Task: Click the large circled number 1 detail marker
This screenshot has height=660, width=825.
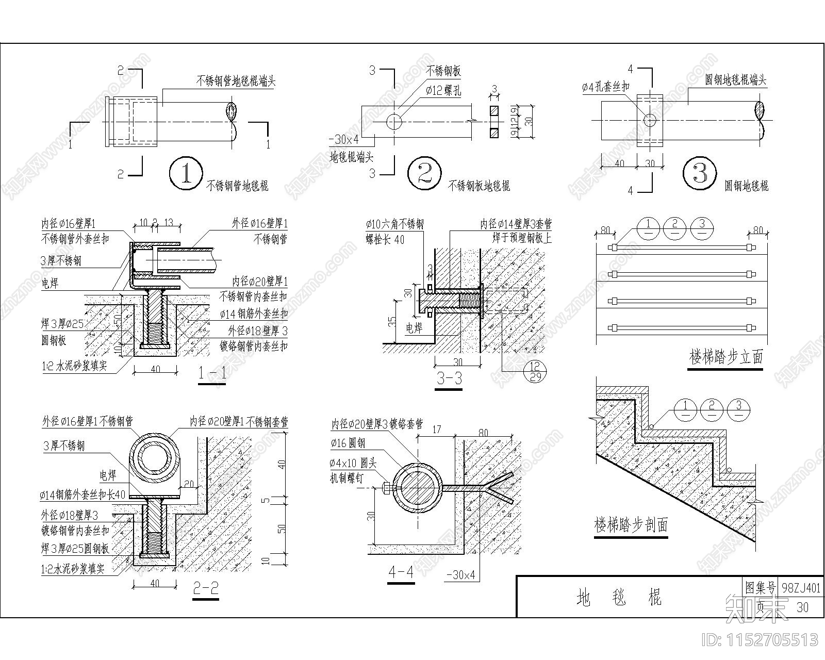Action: click(186, 174)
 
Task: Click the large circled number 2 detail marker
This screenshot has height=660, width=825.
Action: click(424, 174)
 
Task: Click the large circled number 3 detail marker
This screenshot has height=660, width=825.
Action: click(700, 174)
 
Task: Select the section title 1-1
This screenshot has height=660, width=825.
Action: click(212, 373)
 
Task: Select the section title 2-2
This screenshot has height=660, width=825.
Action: click(206, 588)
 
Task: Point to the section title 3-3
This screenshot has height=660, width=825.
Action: click(449, 379)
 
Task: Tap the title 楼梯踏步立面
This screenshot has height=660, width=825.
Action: click(726, 357)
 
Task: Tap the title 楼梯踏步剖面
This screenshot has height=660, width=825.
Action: click(631, 525)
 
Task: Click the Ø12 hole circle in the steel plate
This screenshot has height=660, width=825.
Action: click(394, 122)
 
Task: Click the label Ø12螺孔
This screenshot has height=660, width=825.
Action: click(443, 91)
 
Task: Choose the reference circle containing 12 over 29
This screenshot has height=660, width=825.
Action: click(535, 371)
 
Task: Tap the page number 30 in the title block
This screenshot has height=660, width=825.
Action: click(802, 607)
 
